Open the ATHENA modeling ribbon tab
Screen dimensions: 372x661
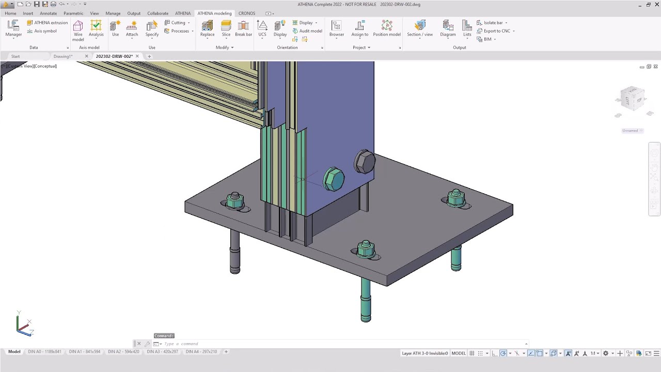click(214, 13)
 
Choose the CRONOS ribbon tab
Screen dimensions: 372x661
click(247, 13)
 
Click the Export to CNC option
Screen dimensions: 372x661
click(496, 31)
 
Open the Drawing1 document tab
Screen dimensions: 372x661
click(63, 56)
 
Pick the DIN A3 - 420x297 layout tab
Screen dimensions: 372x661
click(162, 352)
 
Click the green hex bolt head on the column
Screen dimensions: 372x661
click(334, 179)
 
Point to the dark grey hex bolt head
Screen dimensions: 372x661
click(364, 162)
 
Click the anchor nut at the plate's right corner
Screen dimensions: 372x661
click(456, 198)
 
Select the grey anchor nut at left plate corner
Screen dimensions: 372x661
click(235, 200)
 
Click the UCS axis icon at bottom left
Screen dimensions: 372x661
click(23, 326)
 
